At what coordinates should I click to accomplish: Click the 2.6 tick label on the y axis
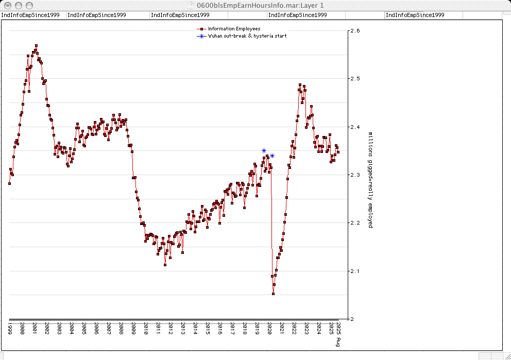pos(355,31)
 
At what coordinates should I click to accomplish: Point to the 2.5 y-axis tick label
pos(355,79)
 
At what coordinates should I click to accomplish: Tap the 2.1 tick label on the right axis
pos(355,271)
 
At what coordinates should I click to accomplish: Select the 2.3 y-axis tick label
pos(355,175)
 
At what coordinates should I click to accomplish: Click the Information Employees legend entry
pos(234,29)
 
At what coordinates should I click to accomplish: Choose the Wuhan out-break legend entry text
pos(247,36)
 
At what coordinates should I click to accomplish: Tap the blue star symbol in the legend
pos(202,36)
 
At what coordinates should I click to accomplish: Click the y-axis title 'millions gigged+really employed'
pos(370,180)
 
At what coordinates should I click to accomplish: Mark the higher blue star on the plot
pos(264,151)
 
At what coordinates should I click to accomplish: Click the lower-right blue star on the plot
pos(272,156)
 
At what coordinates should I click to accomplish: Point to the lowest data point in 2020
pos(273,294)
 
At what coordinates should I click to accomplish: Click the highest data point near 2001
pos(36,46)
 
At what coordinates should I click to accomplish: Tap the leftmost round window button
pos(7,5)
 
